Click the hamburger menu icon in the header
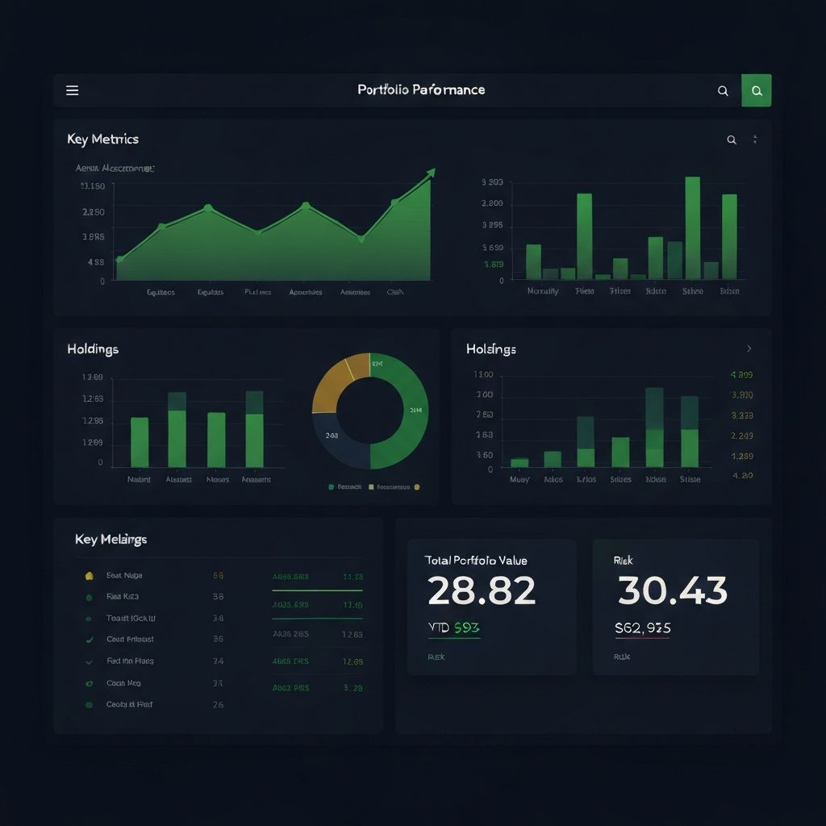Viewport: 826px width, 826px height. (72, 90)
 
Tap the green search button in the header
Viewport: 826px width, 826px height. (757, 91)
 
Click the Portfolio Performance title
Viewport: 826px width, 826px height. (421, 90)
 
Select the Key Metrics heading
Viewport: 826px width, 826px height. (102, 140)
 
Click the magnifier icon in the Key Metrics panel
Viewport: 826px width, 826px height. (732, 140)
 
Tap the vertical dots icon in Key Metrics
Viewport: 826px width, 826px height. (755, 140)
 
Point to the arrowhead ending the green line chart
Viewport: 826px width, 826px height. (431, 173)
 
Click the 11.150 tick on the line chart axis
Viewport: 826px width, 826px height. (93, 186)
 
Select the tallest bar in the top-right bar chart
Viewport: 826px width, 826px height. (692, 227)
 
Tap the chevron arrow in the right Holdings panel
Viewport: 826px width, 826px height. (749, 348)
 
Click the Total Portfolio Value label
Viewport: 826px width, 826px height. (476, 560)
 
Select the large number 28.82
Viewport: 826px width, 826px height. (481, 591)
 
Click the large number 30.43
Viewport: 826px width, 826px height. (672, 591)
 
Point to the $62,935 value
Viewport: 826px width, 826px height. (643, 628)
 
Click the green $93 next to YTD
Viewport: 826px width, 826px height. (467, 628)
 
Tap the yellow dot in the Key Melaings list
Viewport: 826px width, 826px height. (89, 576)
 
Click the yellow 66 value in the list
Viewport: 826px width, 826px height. (218, 576)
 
